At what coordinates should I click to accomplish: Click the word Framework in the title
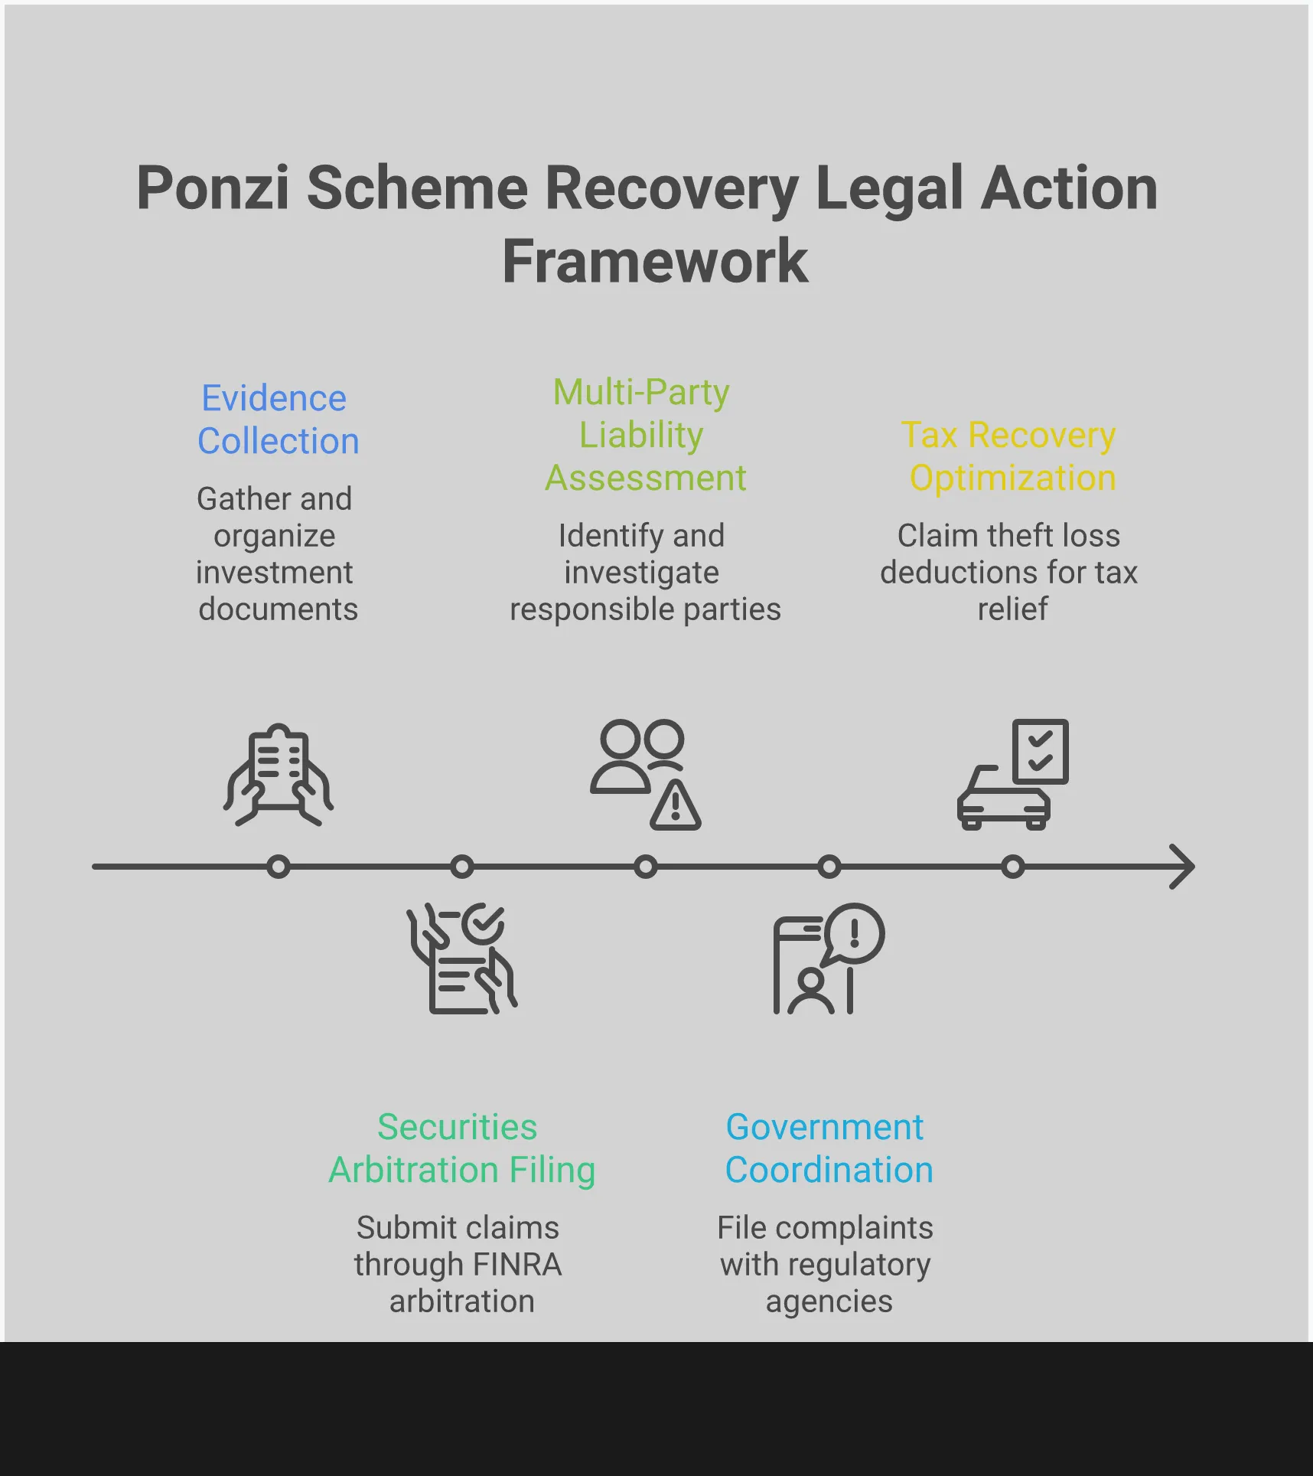[655, 262]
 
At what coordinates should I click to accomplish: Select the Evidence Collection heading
[277, 420]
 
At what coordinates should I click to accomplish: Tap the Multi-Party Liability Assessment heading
[644, 435]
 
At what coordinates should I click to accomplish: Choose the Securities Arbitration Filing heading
[461, 1148]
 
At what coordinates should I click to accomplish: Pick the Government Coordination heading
[828, 1148]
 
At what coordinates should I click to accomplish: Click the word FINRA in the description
[517, 1265]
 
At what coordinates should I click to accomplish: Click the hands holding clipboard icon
[279, 775]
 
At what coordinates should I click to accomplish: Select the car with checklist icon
[1012, 775]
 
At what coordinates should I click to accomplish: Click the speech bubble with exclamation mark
[855, 933]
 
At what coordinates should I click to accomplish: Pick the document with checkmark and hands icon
[461, 958]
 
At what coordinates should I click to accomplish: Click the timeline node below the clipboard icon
[279, 867]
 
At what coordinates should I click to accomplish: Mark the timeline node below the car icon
[1012, 867]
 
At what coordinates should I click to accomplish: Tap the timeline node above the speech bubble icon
[829, 867]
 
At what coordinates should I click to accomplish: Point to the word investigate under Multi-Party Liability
[641, 573]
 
